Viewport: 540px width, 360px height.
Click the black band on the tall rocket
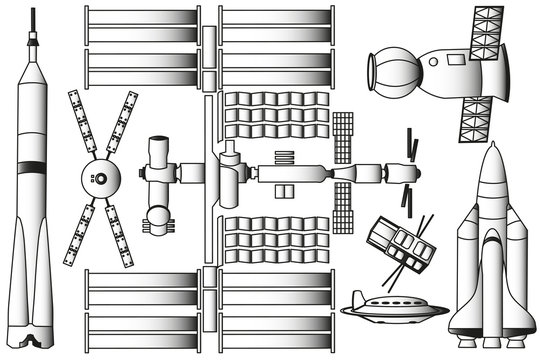pos(34,164)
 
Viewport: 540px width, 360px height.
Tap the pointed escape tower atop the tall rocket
pos(34,40)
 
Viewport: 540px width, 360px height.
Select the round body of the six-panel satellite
pos(100,179)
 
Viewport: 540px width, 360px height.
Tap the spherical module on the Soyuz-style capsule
pos(384,70)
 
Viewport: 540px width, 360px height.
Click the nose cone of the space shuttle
pos(490,165)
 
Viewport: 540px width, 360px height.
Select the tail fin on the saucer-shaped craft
pos(357,296)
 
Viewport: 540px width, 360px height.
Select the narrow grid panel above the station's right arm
pos(342,137)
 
